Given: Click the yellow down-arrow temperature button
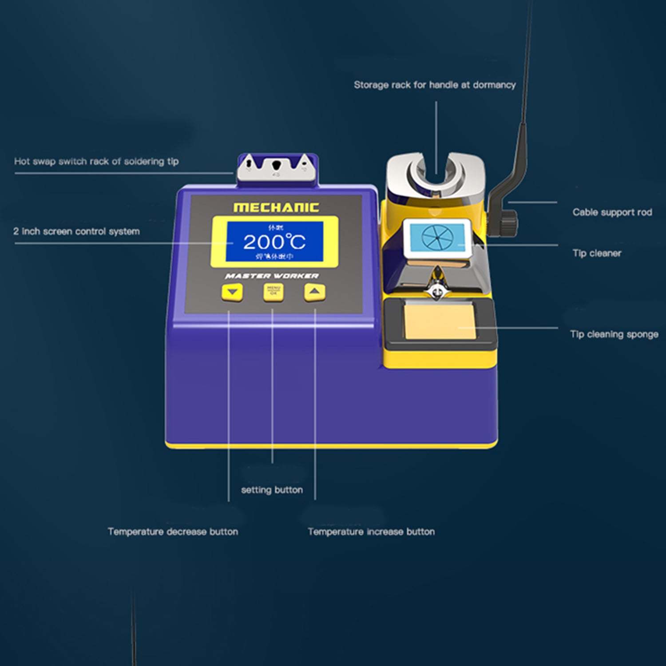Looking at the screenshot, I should coord(232,293).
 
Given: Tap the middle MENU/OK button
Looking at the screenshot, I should coord(273,293).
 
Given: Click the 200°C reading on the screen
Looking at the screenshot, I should coord(274,242).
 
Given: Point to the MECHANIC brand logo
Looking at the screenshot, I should coord(276,207).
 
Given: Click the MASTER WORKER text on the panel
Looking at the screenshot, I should coord(272,276).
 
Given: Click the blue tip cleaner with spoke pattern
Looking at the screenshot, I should coord(437,238).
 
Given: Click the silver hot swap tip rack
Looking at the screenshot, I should coord(277,169).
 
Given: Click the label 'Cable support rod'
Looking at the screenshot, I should coord(612,212).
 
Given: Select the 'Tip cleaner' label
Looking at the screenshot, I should coord(597,253).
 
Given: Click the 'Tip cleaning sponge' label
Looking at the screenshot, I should coord(614,334).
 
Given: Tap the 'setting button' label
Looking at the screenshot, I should coord(272,490).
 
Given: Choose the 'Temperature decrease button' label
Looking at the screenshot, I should coord(173,531).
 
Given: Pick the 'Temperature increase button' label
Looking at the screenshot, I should coord(371,531).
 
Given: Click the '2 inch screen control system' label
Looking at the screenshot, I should coord(76,231).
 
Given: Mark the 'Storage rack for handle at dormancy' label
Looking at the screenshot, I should coord(435,85).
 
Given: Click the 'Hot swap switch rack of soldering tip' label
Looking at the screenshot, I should coord(96,161).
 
